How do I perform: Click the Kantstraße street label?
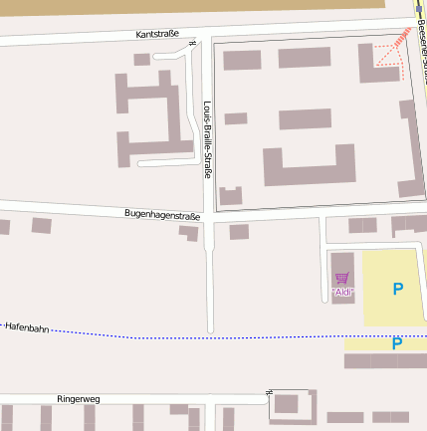pyautogui.click(x=157, y=34)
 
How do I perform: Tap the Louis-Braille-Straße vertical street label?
pyautogui.click(x=207, y=139)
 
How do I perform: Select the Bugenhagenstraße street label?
pyautogui.click(x=162, y=214)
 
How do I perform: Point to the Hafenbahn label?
pyautogui.click(x=27, y=326)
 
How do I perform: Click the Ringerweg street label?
pyautogui.click(x=79, y=397)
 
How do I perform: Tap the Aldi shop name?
pyautogui.click(x=342, y=293)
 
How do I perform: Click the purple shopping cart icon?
pyautogui.click(x=342, y=278)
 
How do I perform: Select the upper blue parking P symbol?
pyautogui.click(x=398, y=289)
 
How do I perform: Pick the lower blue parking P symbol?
pyautogui.click(x=397, y=344)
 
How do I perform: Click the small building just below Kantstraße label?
pyautogui.click(x=142, y=60)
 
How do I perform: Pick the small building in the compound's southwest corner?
pyautogui.click(x=231, y=196)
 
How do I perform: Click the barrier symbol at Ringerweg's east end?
pyautogui.click(x=271, y=393)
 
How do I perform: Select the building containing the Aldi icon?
pyautogui.click(x=341, y=278)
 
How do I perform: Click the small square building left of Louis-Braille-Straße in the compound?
pyautogui.click(x=236, y=118)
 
